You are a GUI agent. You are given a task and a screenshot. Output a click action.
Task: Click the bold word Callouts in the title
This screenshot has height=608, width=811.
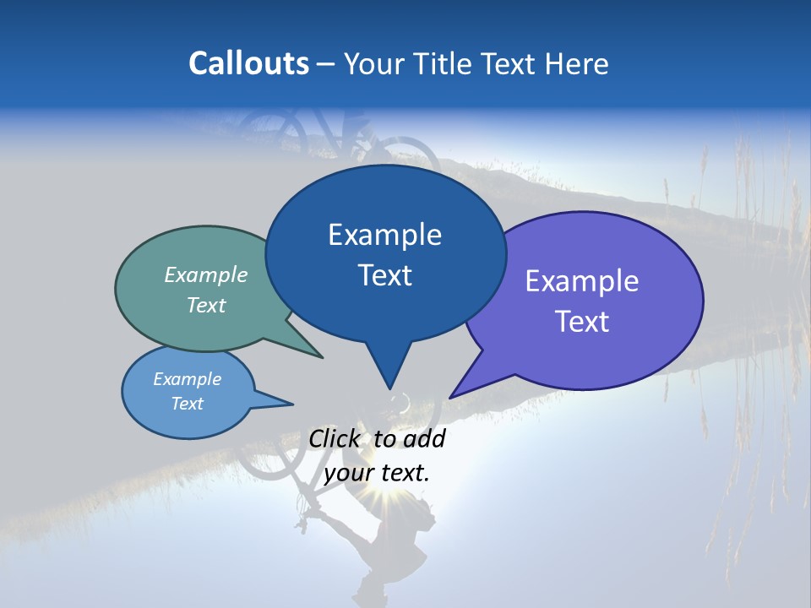click(x=248, y=63)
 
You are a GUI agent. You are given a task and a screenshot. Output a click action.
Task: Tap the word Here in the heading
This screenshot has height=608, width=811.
click(x=575, y=63)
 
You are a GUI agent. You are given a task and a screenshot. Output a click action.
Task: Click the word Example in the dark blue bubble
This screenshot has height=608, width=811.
click(x=384, y=235)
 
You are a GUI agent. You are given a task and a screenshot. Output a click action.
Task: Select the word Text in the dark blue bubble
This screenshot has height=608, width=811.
click(x=384, y=275)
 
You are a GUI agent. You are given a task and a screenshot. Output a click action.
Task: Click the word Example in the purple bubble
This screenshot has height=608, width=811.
click(x=582, y=281)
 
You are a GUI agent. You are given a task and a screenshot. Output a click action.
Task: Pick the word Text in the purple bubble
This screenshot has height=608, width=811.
click(x=582, y=322)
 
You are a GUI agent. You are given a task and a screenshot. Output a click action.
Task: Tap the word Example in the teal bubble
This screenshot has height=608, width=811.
click(x=206, y=275)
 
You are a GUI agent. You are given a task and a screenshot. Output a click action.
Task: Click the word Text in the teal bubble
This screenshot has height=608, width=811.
click(x=206, y=306)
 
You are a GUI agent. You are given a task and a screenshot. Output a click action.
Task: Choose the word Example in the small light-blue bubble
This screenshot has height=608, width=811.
click(x=187, y=379)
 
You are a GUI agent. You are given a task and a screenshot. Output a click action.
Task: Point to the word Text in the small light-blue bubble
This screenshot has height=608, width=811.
click(x=187, y=404)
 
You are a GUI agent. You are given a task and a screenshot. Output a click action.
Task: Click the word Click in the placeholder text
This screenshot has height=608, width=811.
click(x=335, y=438)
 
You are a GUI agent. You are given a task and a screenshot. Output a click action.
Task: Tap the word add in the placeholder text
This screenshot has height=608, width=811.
click(x=424, y=438)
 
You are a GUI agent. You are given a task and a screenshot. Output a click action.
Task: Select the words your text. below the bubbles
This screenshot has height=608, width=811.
click(x=377, y=473)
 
